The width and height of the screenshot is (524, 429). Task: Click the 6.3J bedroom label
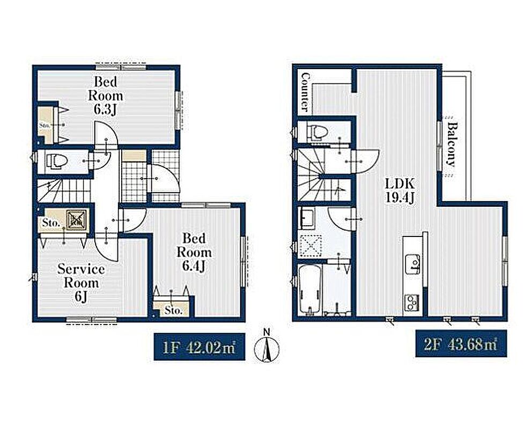coord(105,95)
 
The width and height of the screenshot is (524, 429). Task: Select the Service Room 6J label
coord(81,283)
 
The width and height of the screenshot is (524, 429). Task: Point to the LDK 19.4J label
coord(400,190)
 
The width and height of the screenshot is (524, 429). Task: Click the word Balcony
coord(452,144)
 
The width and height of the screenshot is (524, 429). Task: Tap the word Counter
coord(305,92)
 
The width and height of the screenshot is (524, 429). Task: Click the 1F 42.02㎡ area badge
coord(200,346)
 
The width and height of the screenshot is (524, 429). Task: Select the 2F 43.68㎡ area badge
coord(461,343)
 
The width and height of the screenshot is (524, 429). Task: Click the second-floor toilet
coord(318,132)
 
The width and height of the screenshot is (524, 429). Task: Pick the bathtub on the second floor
coord(311,290)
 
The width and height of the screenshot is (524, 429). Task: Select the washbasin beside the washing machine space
coord(307,218)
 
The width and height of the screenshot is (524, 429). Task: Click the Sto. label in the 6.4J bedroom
coord(173,310)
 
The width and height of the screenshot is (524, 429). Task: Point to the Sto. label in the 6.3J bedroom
coord(45,125)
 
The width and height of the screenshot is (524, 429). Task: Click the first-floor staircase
coord(63,191)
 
